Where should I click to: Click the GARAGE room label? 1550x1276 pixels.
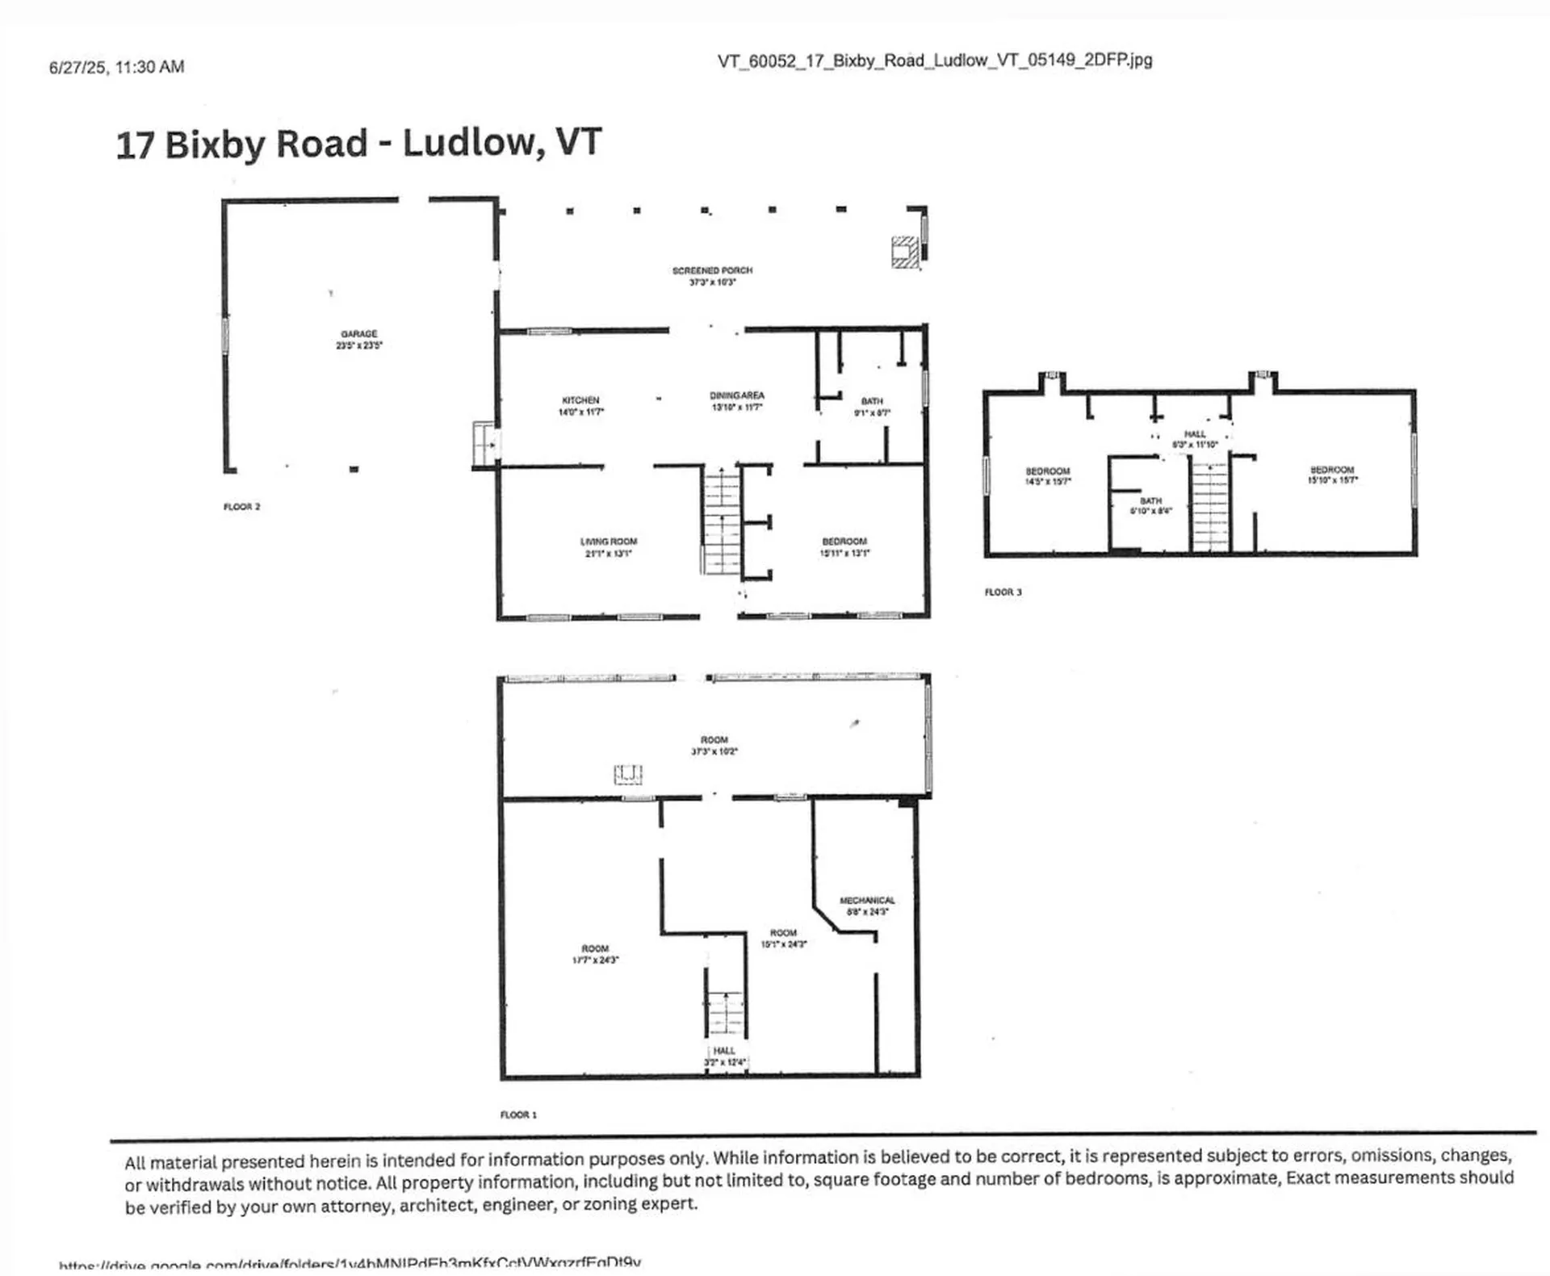point(359,334)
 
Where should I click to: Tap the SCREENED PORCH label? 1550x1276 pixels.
point(712,271)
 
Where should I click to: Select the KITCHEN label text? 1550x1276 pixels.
point(580,400)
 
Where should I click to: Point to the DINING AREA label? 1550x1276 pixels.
point(736,396)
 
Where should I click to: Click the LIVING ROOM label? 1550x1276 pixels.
point(608,542)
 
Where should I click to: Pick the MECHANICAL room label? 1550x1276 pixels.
point(867,901)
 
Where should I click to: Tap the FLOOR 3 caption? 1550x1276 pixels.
point(1003,592)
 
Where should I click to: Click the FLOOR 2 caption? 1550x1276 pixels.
point(241,507)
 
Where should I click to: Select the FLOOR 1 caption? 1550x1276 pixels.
point(518,1115)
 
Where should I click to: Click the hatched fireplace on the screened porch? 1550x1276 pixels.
point(905,252)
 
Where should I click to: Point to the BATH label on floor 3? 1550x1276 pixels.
point(1150,501)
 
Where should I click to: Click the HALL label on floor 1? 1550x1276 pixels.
point(724,1051)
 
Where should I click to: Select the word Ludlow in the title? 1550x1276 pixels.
point(469,144)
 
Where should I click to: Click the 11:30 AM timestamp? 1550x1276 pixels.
point(150,67)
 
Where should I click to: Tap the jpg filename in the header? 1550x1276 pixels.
point(934,61)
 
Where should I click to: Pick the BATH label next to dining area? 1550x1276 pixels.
point(872,401)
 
